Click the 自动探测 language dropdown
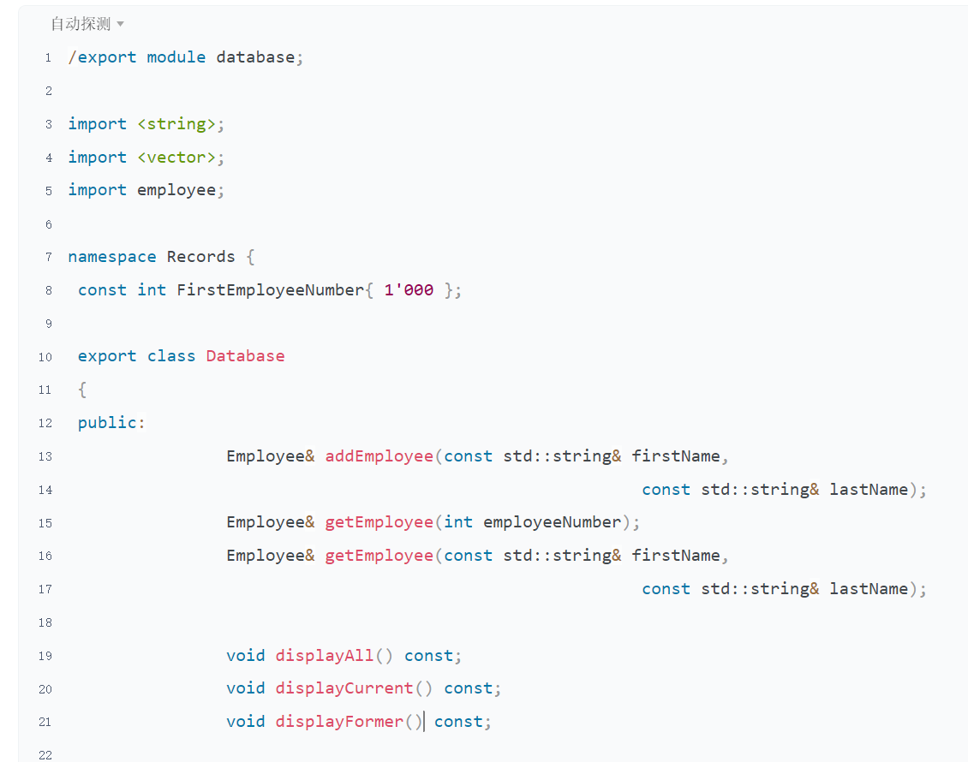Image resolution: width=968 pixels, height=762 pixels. point(87,24)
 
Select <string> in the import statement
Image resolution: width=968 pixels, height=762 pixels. point(176,124)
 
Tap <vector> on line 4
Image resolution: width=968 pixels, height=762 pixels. point(176,158)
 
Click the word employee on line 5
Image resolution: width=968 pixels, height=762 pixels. point(176,190)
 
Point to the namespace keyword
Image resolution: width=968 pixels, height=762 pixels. point(112,257)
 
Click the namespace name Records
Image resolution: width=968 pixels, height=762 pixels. point(200,257)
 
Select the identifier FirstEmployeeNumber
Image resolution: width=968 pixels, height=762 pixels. point(270,290)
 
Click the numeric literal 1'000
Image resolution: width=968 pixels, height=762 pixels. point(409,290)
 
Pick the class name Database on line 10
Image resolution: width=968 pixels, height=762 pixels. point(245,356)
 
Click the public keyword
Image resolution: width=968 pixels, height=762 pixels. point(107,423)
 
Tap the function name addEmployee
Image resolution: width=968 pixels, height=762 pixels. point(379,456)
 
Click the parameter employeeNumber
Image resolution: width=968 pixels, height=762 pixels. point(552,522)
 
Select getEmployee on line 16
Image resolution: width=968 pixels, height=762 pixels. point(379,556)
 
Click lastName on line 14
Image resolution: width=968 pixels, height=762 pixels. point(869,490)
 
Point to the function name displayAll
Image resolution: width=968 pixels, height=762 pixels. point(325,656)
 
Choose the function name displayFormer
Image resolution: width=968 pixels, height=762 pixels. point(339,722)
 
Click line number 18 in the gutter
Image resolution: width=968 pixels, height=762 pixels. point(45,622)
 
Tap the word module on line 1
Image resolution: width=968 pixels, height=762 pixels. point(176,57)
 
